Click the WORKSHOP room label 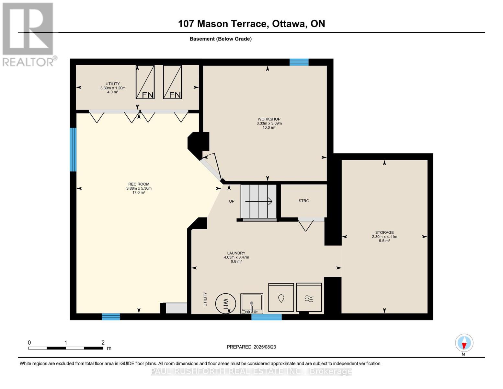click(x=269, y=119)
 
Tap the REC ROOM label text click(x=139, y=184)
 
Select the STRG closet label click(x=304, y=201)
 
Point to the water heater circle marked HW click(x=225, y=303)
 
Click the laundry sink click(x=252, y=303)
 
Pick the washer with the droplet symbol click(x=281, y=298)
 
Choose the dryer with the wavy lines click(x=309, y=297)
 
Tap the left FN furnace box click(x=145, y=82)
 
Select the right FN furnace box click(x=172, y=82)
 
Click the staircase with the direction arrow click(x=258, y=202)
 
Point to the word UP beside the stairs click(x=232, y=201)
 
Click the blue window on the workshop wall click(x=299, y=62)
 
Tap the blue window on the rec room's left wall click(x=73, y=150)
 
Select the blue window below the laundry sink click(x=267, y=317)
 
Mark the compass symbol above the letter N click(x=464, y=343)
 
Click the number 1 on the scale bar click(x=66, y=342)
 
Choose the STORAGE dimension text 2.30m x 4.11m click(x=384, y=237)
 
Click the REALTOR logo click(x=29, y=35)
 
